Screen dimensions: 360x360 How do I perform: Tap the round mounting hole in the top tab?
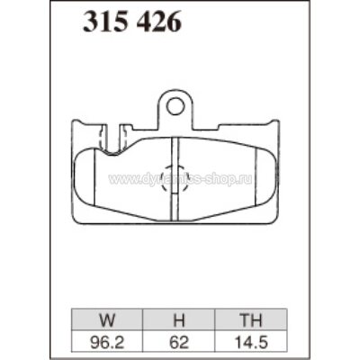[175, 106]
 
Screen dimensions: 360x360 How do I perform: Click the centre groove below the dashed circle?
[175, 209]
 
